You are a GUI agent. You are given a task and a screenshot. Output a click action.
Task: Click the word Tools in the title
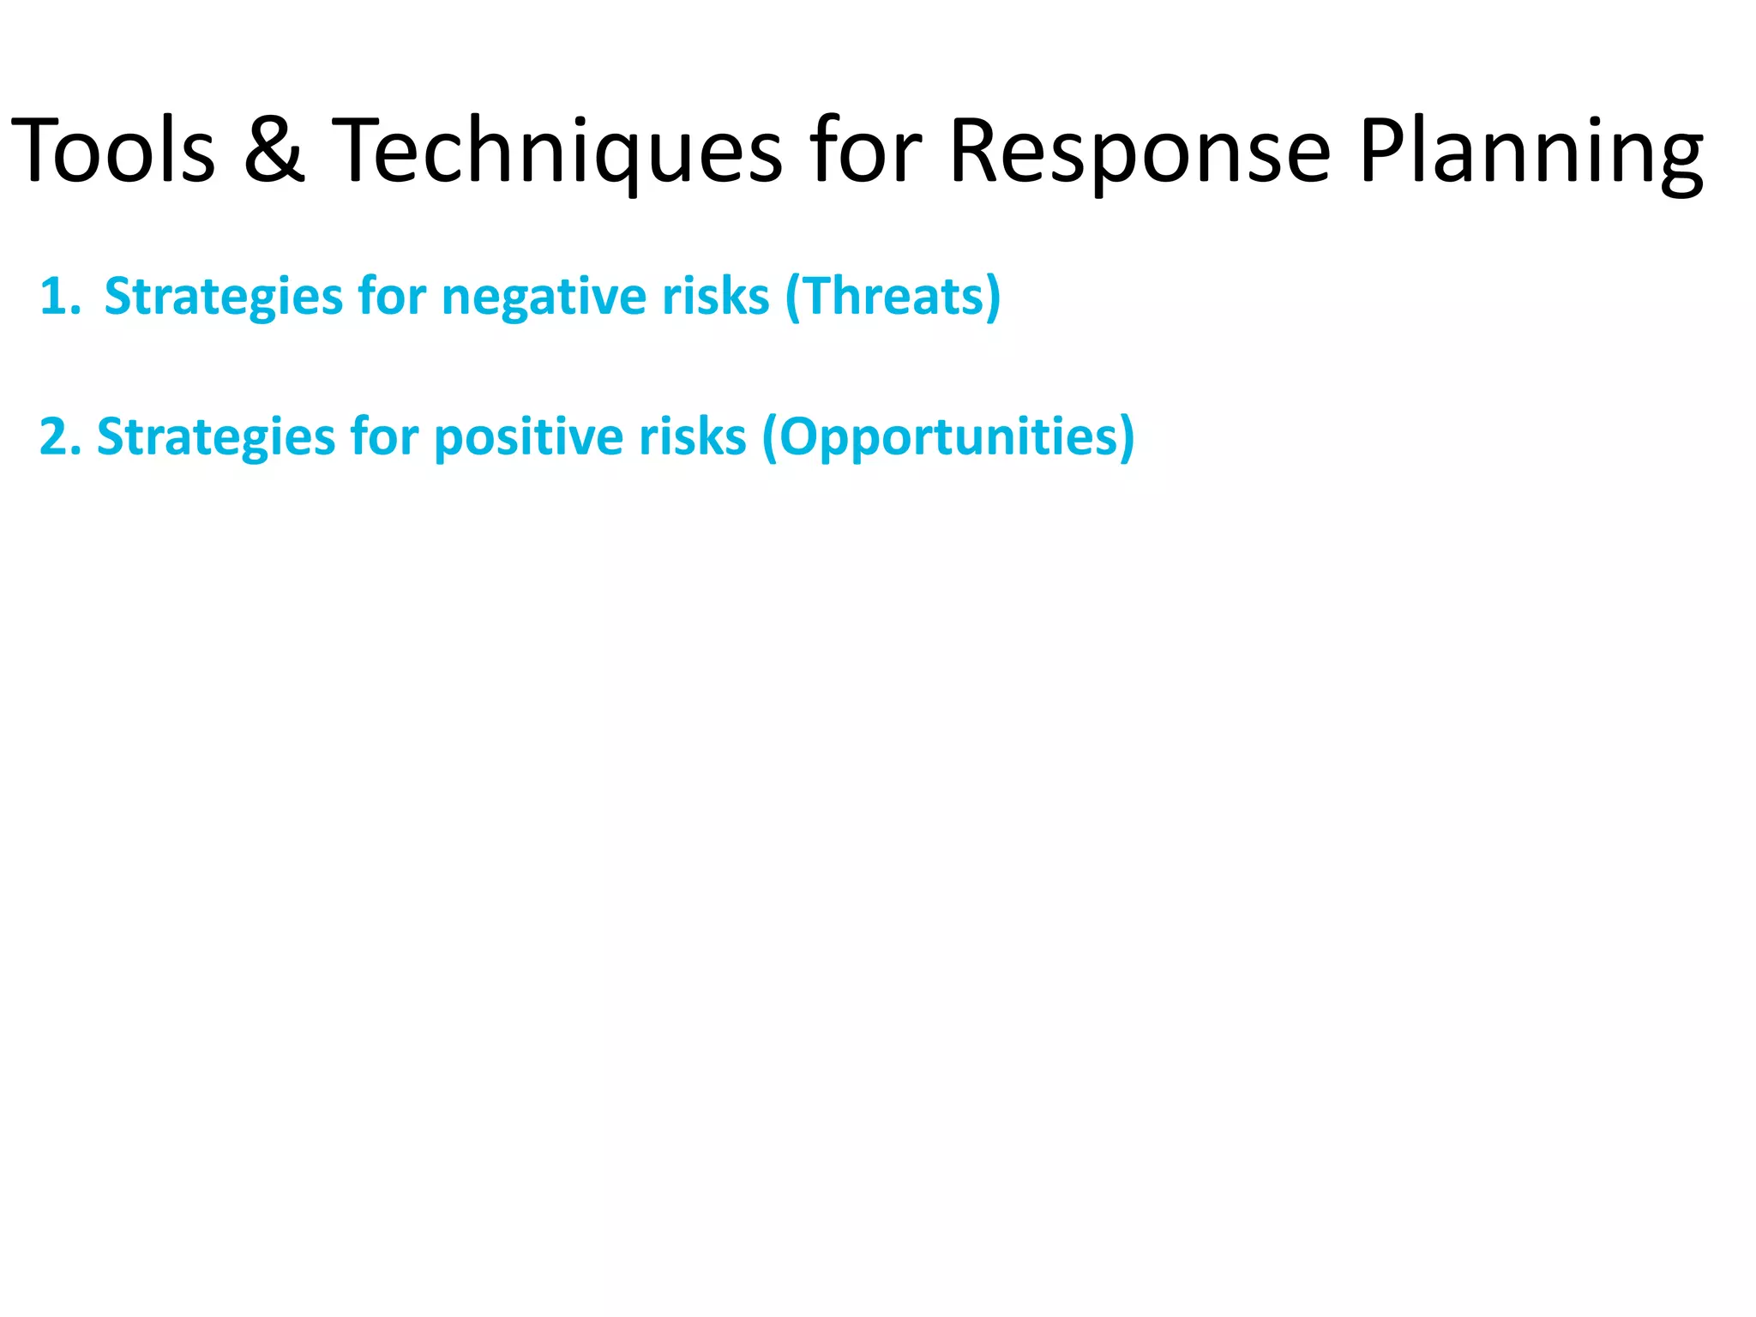pos(113,152)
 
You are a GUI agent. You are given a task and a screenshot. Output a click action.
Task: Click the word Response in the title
pos(1140,152)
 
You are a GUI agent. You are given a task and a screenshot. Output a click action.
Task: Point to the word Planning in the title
pos(1531,152)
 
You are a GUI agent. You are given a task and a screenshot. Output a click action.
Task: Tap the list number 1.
pos(58,298)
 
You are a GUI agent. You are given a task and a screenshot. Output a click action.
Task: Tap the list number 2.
pos(58,437)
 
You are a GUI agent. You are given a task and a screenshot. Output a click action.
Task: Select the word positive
pos(528,437)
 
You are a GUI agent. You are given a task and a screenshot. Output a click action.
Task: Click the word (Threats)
pos(893,298)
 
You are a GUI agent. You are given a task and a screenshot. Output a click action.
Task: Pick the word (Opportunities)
pos(948,437)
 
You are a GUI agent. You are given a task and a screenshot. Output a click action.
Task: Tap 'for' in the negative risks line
pos(392,298)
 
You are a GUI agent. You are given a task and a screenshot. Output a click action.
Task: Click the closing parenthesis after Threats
pos(993,298)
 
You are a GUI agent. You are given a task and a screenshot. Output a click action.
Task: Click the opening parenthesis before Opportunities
pos(770,437)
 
